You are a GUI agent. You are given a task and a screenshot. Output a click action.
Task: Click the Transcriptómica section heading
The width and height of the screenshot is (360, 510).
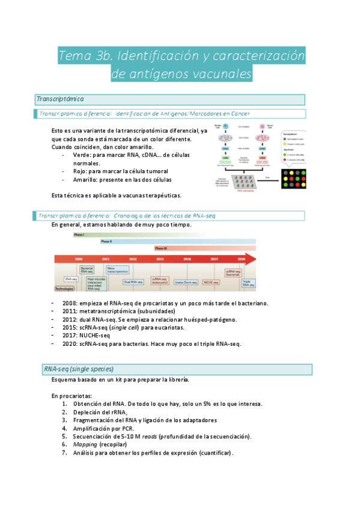pyautogui.click(x=60, y=99)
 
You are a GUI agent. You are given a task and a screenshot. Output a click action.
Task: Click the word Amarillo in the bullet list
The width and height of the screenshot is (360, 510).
pyautogui.click(x=85, y=179)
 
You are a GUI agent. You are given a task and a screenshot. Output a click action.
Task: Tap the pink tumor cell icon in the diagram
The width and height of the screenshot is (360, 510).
pyautogui.click(x=262, y=127)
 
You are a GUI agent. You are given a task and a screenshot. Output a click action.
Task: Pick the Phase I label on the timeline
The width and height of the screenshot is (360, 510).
pyautogui.click(x=79, y=235)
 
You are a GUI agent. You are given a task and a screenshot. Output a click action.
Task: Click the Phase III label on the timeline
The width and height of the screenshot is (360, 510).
pyautogui.click(x=161, y=248)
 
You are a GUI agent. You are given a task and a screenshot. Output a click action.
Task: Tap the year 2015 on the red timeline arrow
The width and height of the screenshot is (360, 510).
pyautogui.click(x=160, y=259)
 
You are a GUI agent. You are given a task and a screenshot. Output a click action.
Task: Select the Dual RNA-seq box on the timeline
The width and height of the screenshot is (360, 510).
pyautogui.click(x=133, y=281)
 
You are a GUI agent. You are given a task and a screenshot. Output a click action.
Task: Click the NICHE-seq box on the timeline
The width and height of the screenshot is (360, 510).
pyautogui.click(x=211, y=281)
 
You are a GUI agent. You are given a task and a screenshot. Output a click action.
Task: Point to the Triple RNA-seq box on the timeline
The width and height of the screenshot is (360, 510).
pyautogui.click(x=246, y=281)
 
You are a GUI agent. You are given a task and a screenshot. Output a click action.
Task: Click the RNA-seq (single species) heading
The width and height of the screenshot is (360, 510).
pyautogui.click(x=78, y=369)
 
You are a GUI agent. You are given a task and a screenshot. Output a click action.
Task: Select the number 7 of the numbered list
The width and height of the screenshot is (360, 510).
pyautogui.click(x=64, y=452)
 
